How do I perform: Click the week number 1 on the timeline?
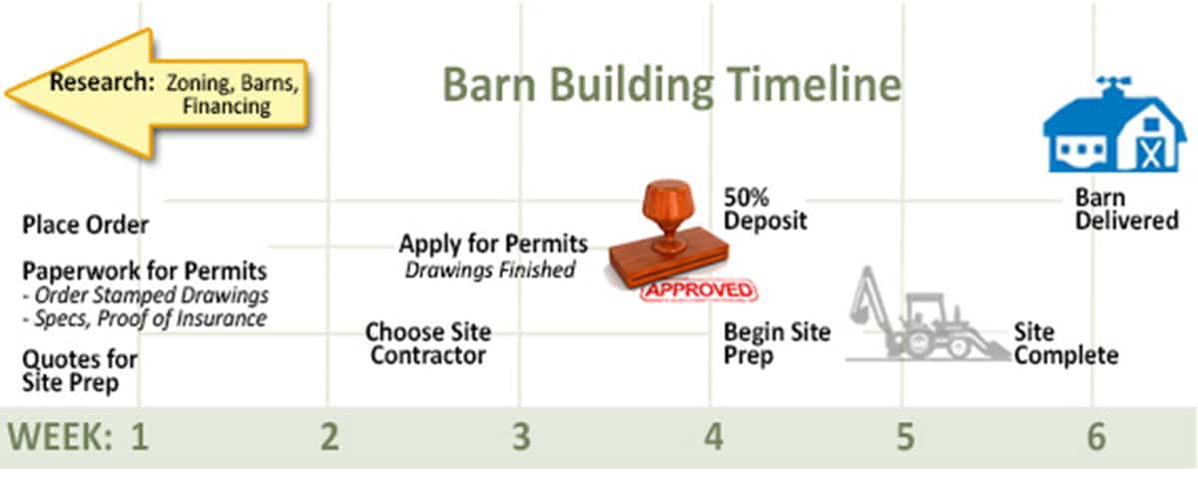(x=140, y=437)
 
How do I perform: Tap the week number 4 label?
(x=714, y=437)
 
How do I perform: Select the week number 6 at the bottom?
(x=1096, y=437)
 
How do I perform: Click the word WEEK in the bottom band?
(x=60, y=437)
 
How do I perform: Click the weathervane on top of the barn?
(x=1113, y=85)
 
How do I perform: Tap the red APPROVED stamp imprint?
(x=699, y=289)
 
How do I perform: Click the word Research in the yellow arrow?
(x=102, y=82)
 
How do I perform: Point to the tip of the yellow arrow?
(x=6, y=95)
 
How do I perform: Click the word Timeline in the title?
(x=813, y=85)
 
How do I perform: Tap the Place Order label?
(x=85, y=225)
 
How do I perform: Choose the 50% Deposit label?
(x=765, y=210)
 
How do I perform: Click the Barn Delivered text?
(x=1127, y=210)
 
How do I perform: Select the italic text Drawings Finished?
(x=490, y=270)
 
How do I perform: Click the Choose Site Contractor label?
(x=428, y=344)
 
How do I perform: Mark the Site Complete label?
(x=1066, y=344)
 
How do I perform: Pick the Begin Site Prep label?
(x=777, y=344)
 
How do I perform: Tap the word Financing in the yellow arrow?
(x=227, y=106)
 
